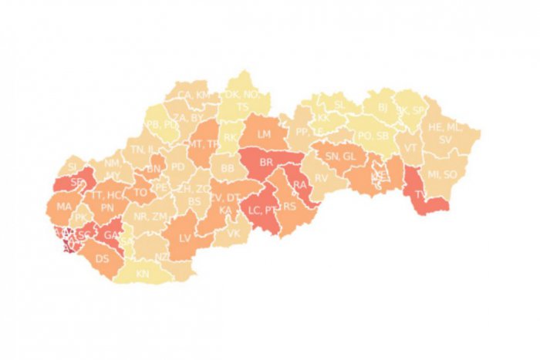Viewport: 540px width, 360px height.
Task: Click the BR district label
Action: (267, 162)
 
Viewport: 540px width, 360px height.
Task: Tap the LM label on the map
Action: (265, 134)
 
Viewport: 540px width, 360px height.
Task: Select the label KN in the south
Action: (143, 274)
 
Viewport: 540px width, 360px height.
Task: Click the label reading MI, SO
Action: (442, 174)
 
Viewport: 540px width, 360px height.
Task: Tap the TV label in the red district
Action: (420, 195)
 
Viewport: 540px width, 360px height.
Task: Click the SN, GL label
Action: (341, 156)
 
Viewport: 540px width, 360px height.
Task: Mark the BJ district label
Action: (383, 109)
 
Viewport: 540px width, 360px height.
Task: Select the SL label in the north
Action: (340, 105)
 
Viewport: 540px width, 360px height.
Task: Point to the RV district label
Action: (322, 177)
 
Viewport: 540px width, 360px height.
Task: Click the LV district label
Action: (184, 237)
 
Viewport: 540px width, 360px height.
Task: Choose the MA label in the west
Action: (64, 207)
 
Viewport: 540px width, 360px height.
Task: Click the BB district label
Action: (227, 167)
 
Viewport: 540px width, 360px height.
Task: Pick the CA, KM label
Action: (193, 95)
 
